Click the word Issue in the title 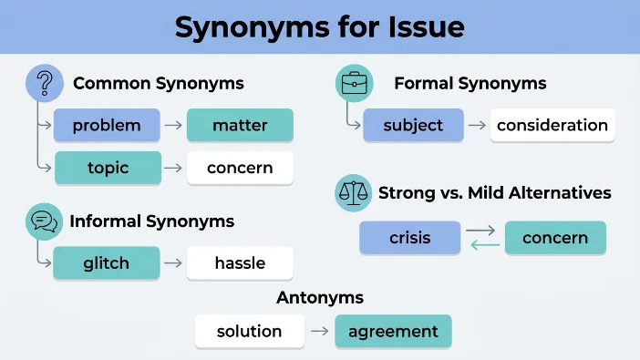pyautogui.click(x=426, y=27)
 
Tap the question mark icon pyautogui.click(x=45, y=83)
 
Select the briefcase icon pyautogui.click(x=355, y=83)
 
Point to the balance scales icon pyautogui.click(x=354, y=193)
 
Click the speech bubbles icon pyautogui.click(x=44, y=221)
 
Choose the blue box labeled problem pyautogui.click(x=107, y=125)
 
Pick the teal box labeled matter pyautogui.click(x=240, y=125)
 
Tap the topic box pyautogui.click(x=108, y=168)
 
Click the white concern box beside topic pyautogui.click(x=240, y=168)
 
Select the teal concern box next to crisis pyautogui.click(x=555, y=238)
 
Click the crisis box pyautogui.click(x=409, y=238)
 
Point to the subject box pyautogui.click(x=413, y=125)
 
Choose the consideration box pyautogui.click(x=552, y=125)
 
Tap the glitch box pyautogui.click(x=107, y=262)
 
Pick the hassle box pyautogui.click(x=240, y=262)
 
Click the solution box pyautogui.click(x=250, y=331)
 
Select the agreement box pyautogui.click(x=393, y=331)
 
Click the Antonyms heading pyautogui.click(x=320, y=297)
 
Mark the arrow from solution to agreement pyautogui.click(x=320, y=331)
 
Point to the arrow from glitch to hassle pyautogui.click(x=173, y=262)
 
